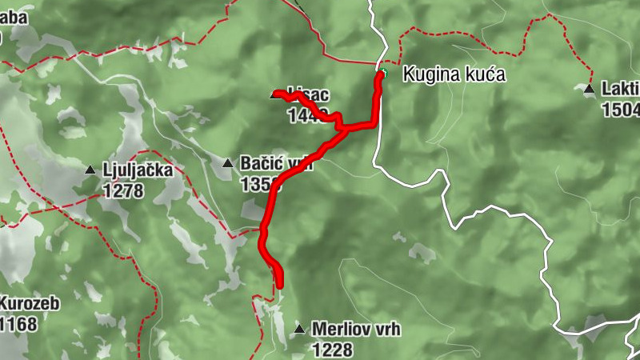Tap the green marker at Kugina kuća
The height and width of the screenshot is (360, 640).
pos(382,74)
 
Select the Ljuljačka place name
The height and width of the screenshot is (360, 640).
pos(138,170)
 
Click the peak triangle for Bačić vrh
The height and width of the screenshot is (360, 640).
pos(227,164)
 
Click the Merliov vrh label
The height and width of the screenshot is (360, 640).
pos(355,329)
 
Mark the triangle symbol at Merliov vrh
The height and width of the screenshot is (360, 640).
pos(299,329)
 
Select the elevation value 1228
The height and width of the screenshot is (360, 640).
pos(332,350)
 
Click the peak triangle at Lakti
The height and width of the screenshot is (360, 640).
pos(589,90)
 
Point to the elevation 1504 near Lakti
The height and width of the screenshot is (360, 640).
pos(621,110)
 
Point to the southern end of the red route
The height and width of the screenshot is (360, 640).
pos(279,284)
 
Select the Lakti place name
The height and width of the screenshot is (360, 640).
pos(621,90)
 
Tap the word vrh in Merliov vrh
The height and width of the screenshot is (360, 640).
pos(384,329)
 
